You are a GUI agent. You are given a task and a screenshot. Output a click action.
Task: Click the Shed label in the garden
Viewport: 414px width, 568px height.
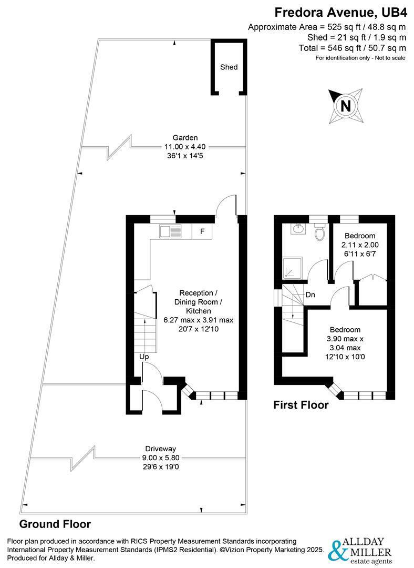[229, 67]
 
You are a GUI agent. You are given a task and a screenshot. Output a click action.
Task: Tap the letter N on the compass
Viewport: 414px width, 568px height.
[346, 106]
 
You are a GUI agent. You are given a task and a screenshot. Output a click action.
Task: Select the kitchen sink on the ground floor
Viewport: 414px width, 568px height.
[170, 232]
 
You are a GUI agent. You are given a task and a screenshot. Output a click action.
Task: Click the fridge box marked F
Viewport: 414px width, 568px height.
[202, 231]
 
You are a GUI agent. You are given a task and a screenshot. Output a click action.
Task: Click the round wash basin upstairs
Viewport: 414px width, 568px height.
[298, 229]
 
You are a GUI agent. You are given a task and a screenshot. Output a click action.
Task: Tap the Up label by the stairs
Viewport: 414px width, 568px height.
[144, 357]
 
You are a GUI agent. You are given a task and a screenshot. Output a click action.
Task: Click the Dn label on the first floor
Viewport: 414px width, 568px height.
[310, 295]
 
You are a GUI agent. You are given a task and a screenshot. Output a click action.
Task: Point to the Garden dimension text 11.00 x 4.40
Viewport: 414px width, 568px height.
[185, 147]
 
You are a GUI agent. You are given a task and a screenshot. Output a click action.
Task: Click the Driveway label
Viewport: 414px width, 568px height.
[161, 449]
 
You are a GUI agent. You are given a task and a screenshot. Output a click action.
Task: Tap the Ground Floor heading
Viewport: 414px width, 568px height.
[55, 524]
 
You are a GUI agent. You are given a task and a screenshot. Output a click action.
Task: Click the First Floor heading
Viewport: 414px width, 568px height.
[301, 404]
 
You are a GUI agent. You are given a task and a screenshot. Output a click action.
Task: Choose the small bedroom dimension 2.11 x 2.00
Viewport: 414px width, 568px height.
[360, 245]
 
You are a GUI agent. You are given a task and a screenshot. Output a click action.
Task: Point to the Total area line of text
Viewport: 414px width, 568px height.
[352, 48]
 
